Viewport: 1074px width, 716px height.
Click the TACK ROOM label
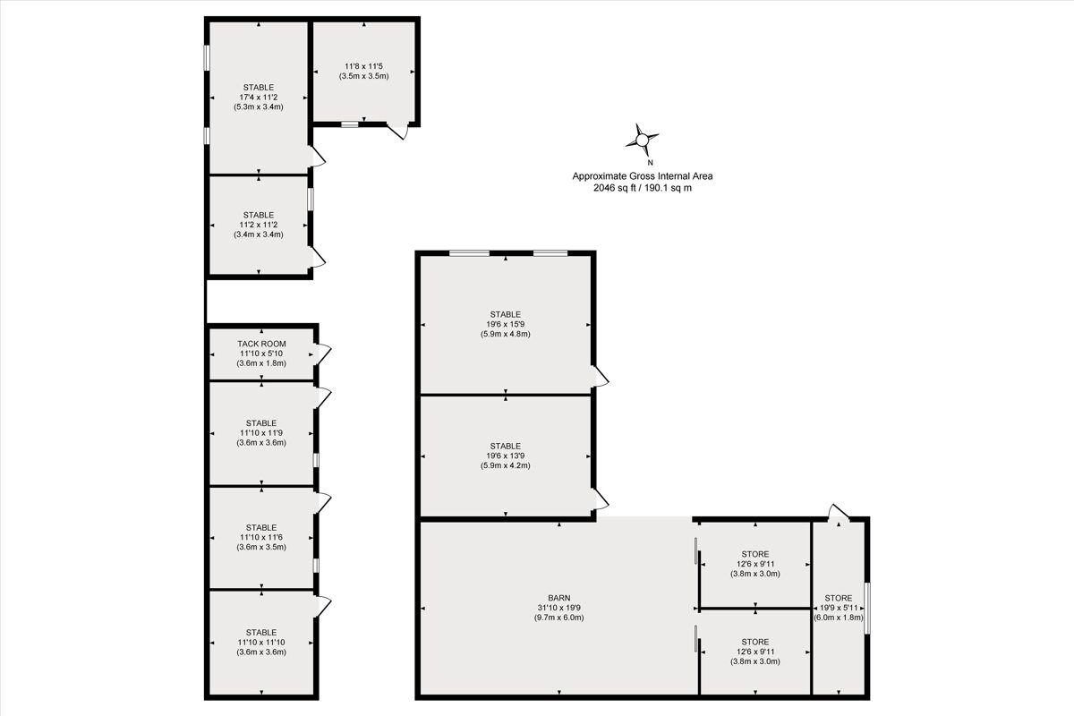point(261,344)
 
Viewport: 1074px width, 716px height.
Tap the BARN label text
point(559,598)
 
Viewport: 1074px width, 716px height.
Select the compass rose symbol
point(642,140)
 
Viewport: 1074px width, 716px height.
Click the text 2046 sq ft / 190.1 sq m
point(643,188)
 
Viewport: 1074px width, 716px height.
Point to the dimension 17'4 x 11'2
point(259,98)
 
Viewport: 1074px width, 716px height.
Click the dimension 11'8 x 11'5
point(364,66)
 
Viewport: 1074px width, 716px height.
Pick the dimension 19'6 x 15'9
point(506,324)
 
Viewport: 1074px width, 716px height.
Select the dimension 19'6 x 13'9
point(506,456)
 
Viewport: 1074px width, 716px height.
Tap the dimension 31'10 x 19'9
point(559,608)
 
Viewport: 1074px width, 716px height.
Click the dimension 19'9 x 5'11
point(839,608)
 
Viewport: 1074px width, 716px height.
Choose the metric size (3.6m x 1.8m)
point(261,363)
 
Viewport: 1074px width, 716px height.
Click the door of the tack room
point(322,354)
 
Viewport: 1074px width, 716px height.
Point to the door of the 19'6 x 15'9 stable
point(600,376)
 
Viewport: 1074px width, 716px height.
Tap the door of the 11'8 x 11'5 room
point(398,131)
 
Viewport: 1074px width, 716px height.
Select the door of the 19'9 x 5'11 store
point(839,513)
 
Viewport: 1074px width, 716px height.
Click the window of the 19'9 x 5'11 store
point(867,608)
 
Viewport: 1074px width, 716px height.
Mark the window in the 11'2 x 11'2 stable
point(311,199)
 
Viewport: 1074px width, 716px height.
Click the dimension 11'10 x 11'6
point(261,537)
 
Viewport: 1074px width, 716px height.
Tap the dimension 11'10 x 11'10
point(261,642)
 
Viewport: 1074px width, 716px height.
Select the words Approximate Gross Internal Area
point(643,176)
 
